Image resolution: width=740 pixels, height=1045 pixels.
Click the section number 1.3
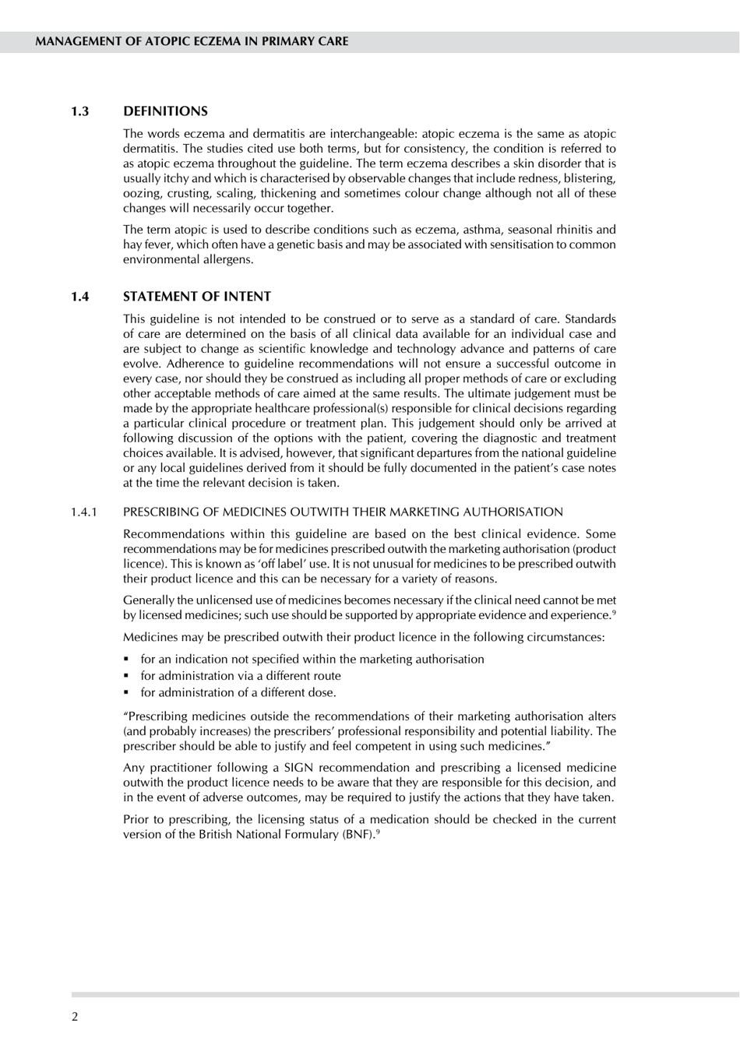click(79, 111)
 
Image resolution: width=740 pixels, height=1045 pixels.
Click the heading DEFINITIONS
click(165, 111)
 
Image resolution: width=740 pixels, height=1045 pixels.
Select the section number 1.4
click(79, 297)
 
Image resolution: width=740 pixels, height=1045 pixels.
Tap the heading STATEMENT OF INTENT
click(197, 297)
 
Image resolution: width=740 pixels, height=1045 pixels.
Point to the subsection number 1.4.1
click(83, 512)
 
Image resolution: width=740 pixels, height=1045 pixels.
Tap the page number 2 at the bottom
click(75, 1017)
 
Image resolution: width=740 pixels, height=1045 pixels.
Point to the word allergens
click(226, 259)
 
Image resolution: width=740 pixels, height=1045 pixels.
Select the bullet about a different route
click(240, 676)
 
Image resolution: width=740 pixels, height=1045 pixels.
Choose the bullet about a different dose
click(238, 692)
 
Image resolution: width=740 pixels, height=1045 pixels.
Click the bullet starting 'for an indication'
click(312, 660)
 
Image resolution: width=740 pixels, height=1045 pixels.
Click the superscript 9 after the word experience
click(614, 613)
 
